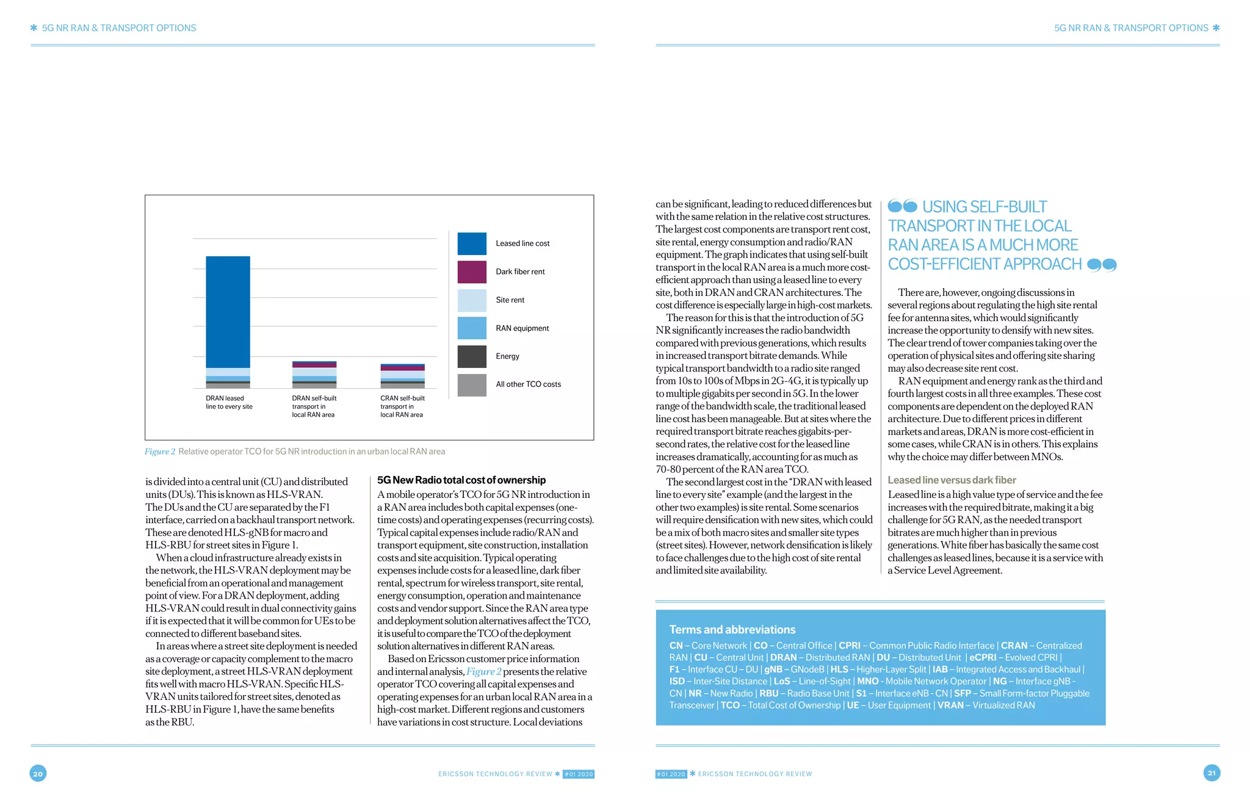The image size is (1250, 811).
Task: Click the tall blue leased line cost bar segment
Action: click(228, 312)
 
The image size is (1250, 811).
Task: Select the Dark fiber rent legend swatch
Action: click(472, 272)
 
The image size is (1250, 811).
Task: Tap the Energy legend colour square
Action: click(472, 356)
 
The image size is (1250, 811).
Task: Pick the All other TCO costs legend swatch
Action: click(472, 384)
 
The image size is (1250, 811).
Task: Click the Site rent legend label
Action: click(510, 300)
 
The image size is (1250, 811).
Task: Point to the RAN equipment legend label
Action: click(522, 328)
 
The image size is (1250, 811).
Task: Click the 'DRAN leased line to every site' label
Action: click(229, 403)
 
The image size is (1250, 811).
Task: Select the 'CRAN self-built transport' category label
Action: click(402, 406)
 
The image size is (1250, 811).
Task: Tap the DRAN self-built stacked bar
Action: click(314, 375)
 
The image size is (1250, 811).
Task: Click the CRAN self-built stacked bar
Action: click(402, 376)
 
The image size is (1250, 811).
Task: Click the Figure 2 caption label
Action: click(160, 452)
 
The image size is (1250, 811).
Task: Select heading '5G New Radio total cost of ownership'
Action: click(461, 480)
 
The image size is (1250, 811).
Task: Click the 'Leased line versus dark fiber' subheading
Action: click(952, 480)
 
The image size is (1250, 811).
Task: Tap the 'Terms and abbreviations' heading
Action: click(732, 630)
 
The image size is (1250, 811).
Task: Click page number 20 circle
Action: click(38, 774)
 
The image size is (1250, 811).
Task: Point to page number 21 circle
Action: click(1212, 773)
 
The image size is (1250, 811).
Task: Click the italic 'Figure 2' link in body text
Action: click(483, 672)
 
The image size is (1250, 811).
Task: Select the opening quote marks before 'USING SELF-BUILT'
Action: click(902, 206)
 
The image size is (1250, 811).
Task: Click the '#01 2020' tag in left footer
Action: click(578, 774)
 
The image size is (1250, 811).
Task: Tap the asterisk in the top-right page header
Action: click(1216, 28)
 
